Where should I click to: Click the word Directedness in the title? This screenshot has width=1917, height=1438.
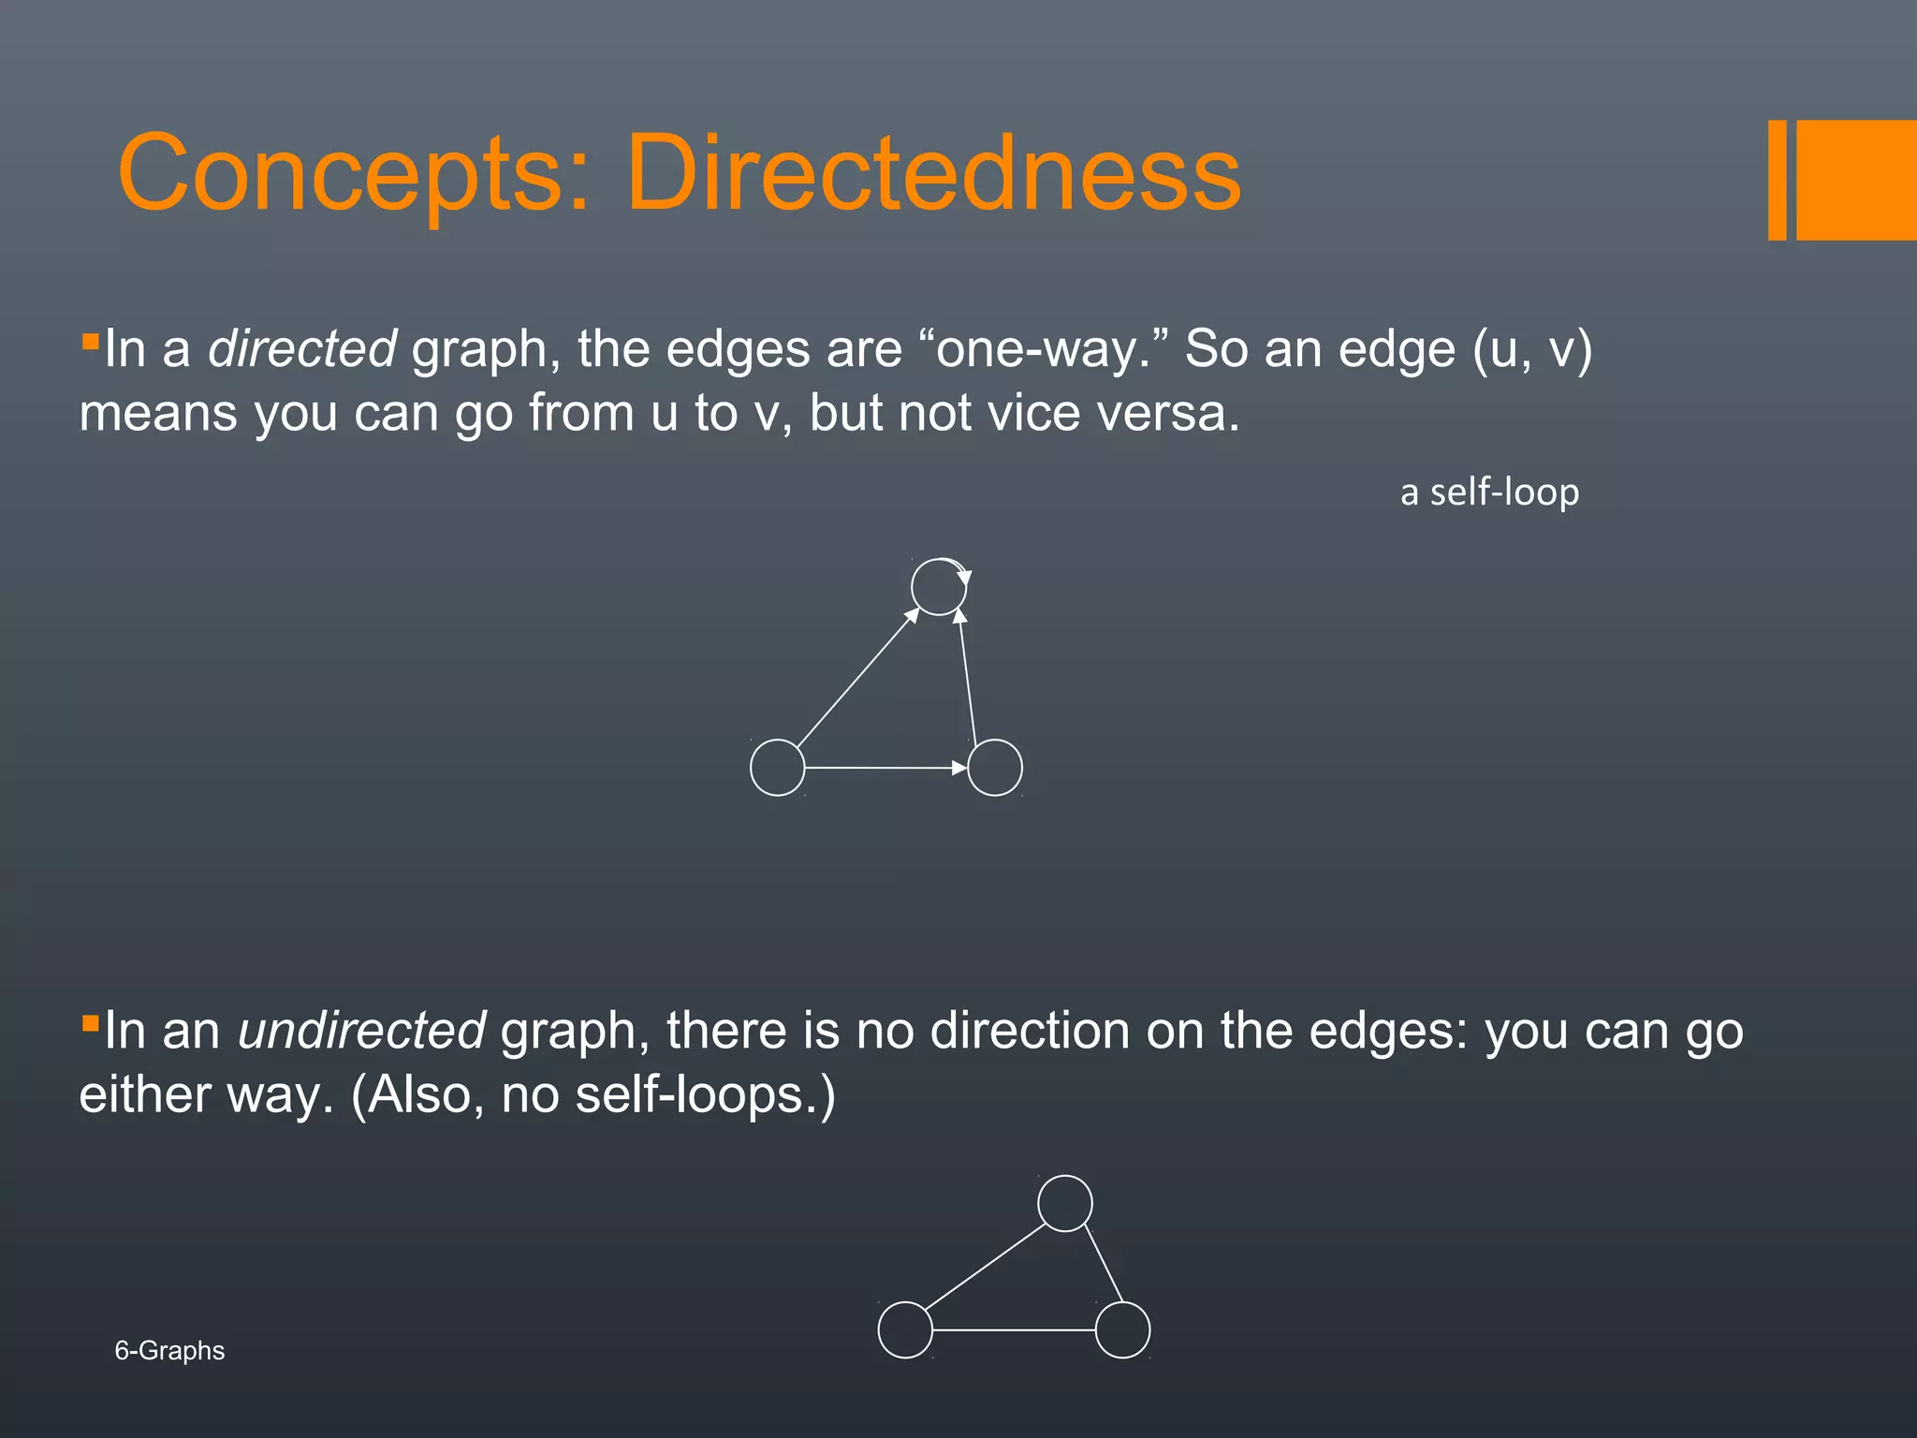tap(933, 173)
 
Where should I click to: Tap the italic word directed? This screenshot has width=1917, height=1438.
tap(302, 349)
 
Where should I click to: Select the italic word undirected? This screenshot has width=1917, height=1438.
tap(361, 1031)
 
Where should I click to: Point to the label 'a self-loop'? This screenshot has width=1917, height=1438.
tap(1489, 492)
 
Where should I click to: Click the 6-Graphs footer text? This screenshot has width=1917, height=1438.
tap(169, 1351)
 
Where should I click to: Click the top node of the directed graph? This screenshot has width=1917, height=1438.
tap(938, 588)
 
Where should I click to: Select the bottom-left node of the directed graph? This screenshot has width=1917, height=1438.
tap(777, 768)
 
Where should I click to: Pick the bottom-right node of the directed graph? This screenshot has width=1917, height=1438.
tap(994, 768)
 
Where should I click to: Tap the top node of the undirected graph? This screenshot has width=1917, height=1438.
tap(1065, 1204)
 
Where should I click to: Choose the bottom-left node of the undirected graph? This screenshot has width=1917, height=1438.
tap(905, 1330)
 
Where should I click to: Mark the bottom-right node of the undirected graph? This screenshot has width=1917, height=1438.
tap(1122, 1330)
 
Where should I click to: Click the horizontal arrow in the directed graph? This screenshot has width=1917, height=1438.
tap(885, 768)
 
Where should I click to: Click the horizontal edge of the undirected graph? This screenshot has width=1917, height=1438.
tap(1014, 1330)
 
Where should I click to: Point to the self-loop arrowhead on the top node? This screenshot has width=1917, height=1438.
tap(965, 577)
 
